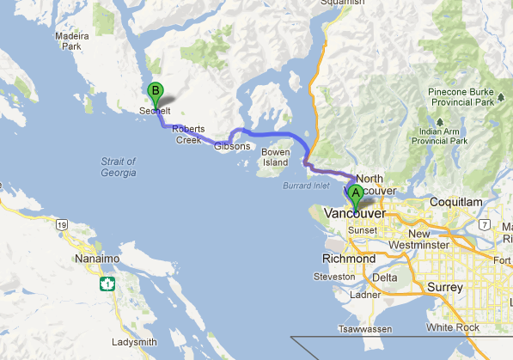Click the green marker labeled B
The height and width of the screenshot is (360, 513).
(156, 89)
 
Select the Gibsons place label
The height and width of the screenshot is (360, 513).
(231, 147)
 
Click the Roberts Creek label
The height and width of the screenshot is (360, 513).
(188, 134)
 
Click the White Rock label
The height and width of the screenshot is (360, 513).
(457, 327)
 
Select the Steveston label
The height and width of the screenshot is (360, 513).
(334, 277)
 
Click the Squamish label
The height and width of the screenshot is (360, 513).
(343, 3)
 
